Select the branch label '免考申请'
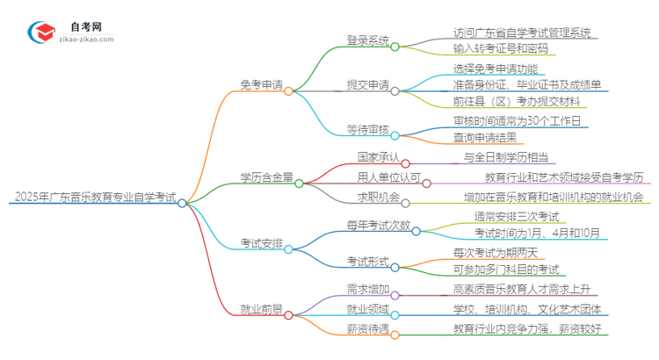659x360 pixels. coord(261,84)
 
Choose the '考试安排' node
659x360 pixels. coord(261,243)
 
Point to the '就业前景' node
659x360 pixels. coord(261,308)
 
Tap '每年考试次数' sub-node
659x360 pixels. coord(378,226)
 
